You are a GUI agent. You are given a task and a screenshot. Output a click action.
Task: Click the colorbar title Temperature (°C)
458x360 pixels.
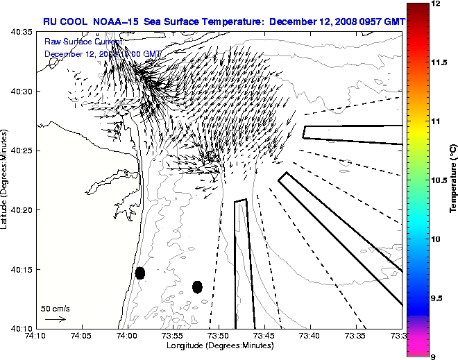point(453,180)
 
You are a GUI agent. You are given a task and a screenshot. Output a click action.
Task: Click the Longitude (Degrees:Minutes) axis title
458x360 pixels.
point(219,345)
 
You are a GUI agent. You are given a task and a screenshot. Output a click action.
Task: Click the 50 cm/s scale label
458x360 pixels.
point(56,308)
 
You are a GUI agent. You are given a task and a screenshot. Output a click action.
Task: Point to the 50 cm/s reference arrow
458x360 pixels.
point(55,319)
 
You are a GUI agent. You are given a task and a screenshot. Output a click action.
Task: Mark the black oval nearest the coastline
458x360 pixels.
point(140,273)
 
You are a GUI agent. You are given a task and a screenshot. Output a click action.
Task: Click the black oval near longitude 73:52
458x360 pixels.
point(197,286)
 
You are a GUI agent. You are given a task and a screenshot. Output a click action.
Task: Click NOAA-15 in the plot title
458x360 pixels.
point(116,22)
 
